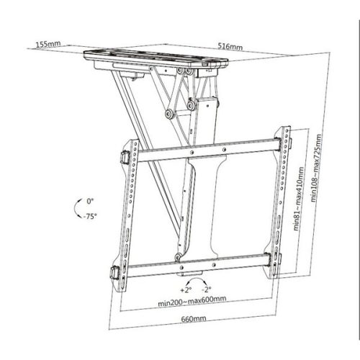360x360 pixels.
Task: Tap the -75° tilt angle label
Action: (x=90, y=215)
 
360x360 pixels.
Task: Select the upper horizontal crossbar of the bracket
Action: (x=202, y=153)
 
